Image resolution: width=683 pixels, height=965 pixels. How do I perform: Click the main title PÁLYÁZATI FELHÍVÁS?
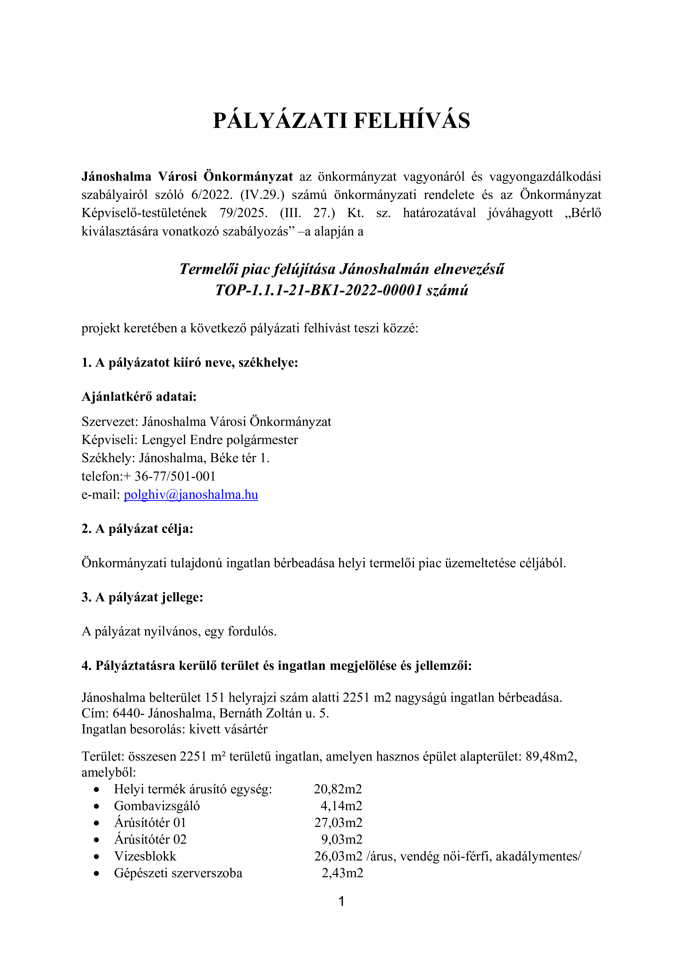pyautogui.click(x=341, y=121)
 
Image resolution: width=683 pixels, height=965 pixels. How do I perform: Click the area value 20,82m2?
pyautogui.click(x=338, y=789)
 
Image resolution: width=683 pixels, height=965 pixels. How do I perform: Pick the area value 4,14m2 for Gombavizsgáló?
pyautogui.click(x=341, y=806)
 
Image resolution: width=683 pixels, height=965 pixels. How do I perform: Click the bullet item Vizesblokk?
pyautogui.click(x=145, y=856)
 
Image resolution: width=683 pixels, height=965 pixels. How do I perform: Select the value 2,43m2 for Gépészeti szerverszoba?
pyautogui.click(x=342, y=873)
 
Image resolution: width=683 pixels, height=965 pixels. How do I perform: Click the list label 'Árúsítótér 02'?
pyautogui.click(x=150, y=839)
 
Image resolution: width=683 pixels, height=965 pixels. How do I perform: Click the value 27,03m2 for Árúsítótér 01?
pyautogui.click(x=338, y=823)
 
